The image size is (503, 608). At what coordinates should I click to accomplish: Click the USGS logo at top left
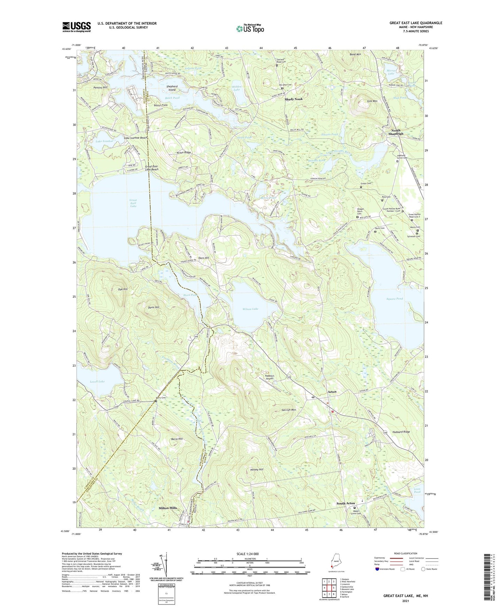click(x=77, y=27)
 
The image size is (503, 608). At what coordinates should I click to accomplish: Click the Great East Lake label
click(x=133, y=203)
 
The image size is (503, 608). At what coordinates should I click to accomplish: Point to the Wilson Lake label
click(x=250, y=309)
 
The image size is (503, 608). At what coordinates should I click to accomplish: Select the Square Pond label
click(x=394, y=299)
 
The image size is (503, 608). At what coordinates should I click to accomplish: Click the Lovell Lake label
click(x=97, y=382)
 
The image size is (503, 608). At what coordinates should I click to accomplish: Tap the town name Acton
click(x=332, y=392)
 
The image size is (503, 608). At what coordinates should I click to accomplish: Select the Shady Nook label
click(x=293, y=99)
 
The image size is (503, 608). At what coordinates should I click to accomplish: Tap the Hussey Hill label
click(x=257, y=469)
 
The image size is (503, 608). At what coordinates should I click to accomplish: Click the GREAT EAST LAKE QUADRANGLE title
click(x=416, y=23)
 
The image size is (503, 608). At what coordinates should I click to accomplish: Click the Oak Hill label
click(x=123, y=289)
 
